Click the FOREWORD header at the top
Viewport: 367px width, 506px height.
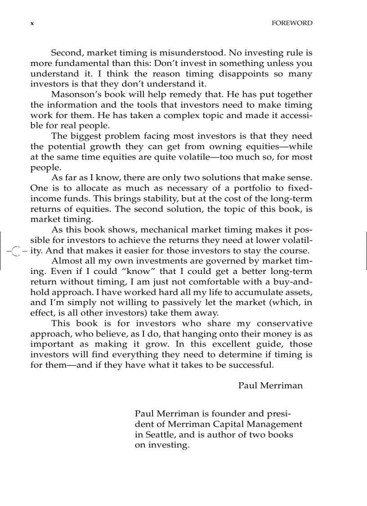(292, 23)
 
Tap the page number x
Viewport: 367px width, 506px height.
(32, 23)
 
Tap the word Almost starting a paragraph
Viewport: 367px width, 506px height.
(67, 261)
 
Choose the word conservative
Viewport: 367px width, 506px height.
(284, 324)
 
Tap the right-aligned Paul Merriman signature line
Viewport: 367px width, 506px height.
(270, 386)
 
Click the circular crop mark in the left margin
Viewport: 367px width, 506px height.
(16, 251)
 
